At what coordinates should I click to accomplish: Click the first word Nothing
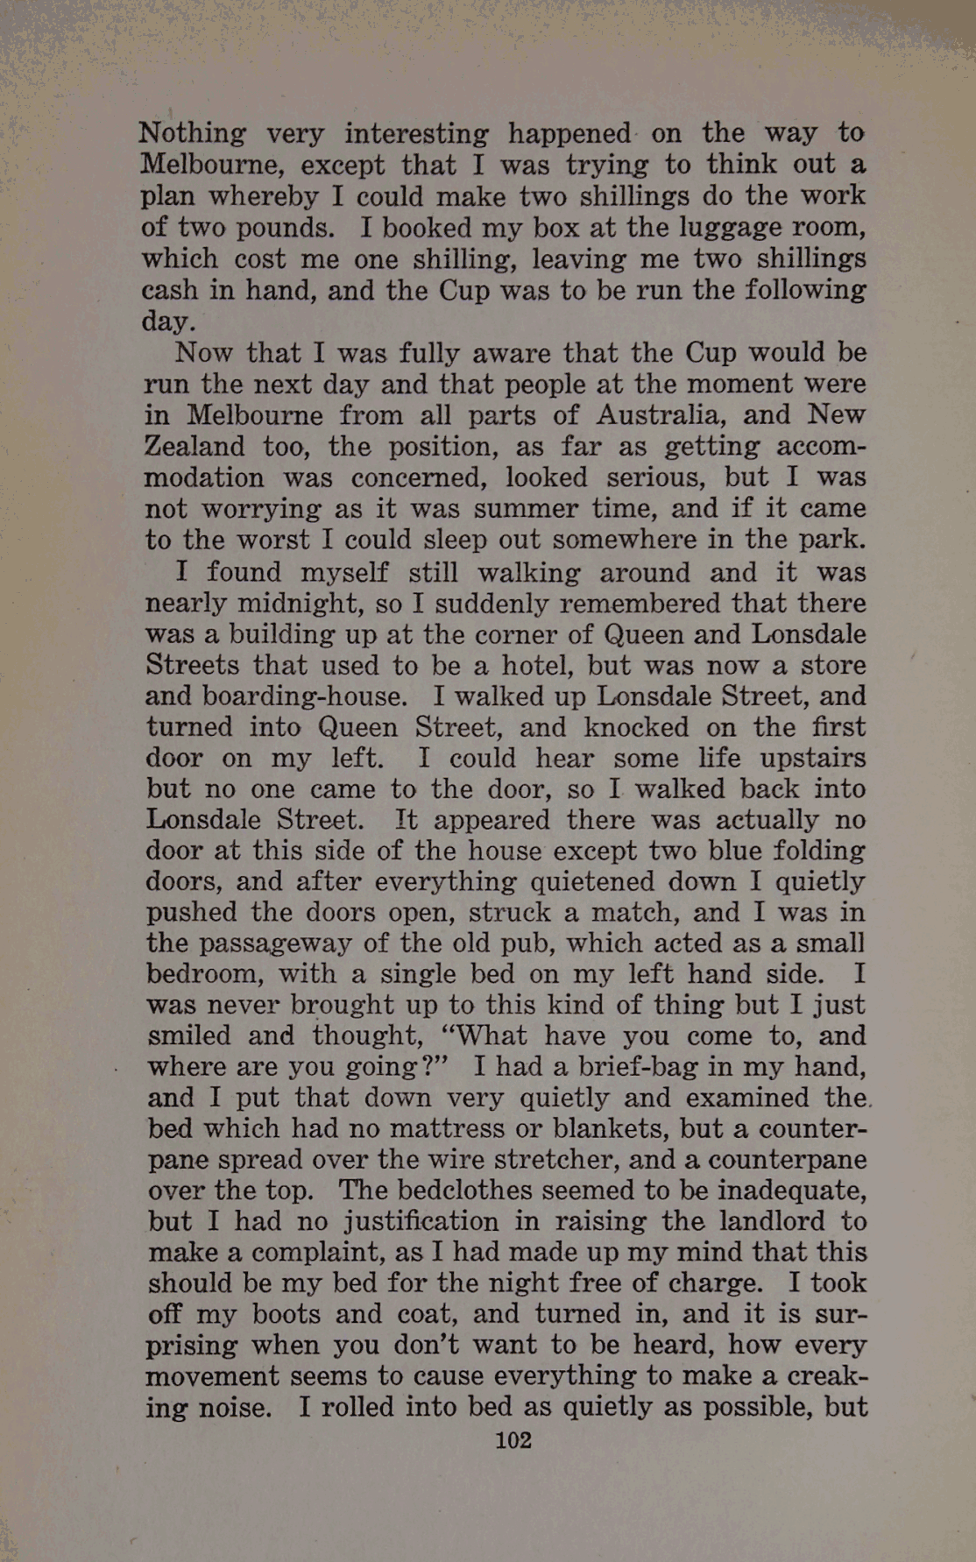(x=193, y=134)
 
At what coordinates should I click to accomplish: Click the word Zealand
(x=194, y=446)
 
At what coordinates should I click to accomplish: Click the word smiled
(x=189, y=1035)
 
